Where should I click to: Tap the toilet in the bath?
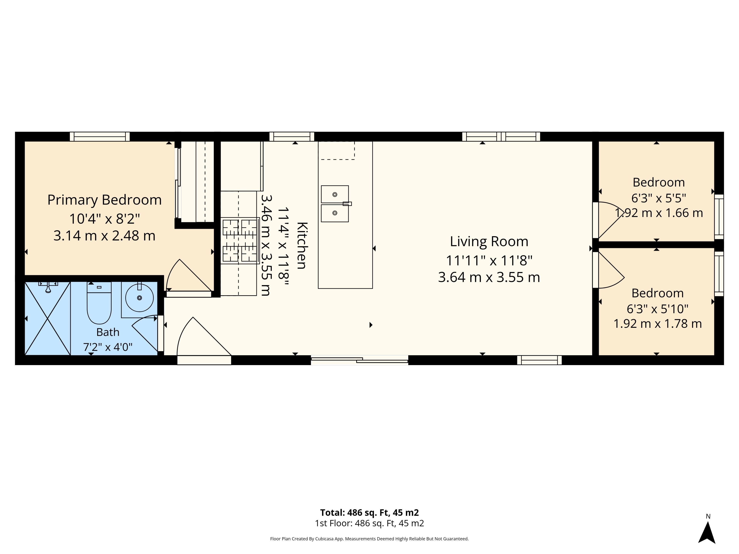[99, 303]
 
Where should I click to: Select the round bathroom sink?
[139, 298]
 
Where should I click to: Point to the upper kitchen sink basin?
[335, 194]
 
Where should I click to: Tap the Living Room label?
[489, 241]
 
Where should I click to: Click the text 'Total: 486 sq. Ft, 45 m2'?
[369, 512]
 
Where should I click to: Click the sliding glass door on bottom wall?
[359, 360]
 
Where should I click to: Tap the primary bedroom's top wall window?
[100, 137]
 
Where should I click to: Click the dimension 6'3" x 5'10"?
[657, 309]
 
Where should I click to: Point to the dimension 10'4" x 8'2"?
[104, 219]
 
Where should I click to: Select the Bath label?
[108, 332]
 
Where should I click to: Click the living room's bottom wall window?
[540, 360]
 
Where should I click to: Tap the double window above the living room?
[501, 137]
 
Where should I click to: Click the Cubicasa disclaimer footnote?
[369, 539]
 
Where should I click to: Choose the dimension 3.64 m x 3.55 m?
[489, 277]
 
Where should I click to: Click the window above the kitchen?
[292, 137]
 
